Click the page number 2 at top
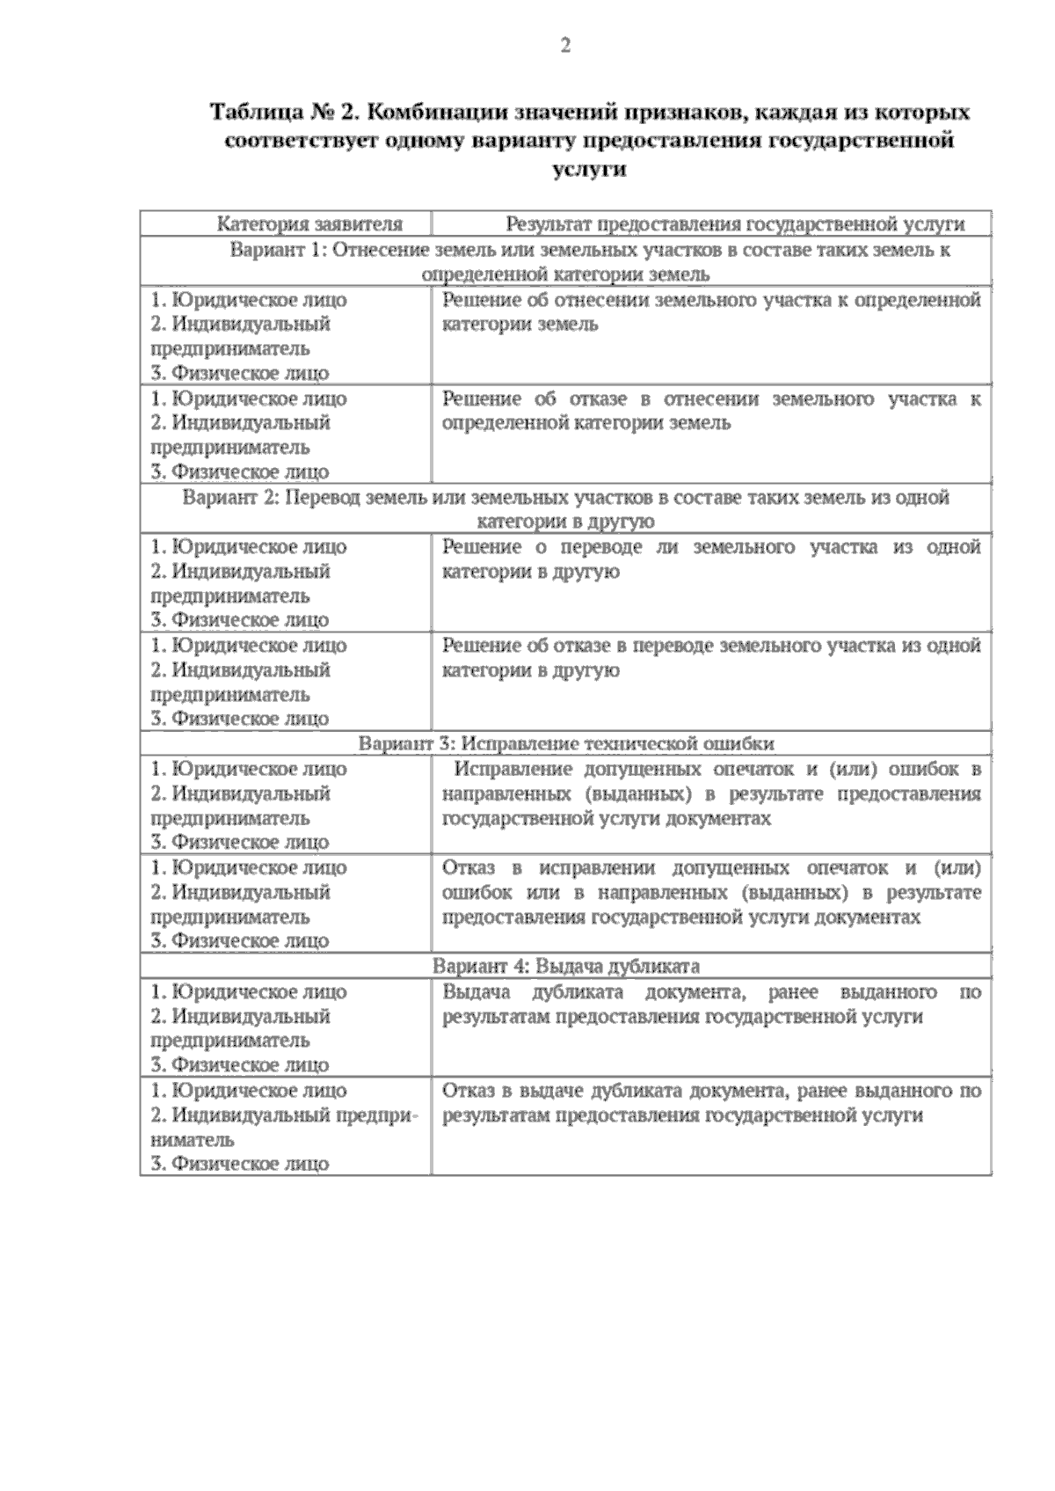[x=565, y=46]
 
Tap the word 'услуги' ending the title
[x=590, y=170]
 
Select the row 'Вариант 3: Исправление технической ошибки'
[x=566, y=744]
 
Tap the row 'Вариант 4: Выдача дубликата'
[x=566, y=967]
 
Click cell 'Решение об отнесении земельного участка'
[x=710, y=312]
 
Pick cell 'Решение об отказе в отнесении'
[x=710, y=411]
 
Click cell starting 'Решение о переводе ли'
[x=710, y=559]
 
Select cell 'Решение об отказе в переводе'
[x=710, y=658]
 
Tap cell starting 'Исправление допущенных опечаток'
[x=710, y=793]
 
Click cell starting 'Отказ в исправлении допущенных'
[x=710, y=892]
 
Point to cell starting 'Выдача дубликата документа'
[x=710, y=1004]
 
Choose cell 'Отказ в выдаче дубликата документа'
[x=710, y=1102]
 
